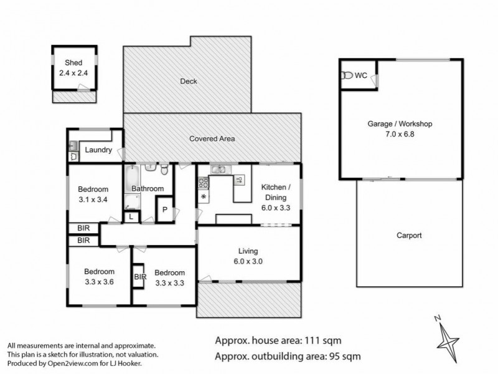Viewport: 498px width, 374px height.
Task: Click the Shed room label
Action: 74,67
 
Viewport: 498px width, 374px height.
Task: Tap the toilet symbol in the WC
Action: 347,75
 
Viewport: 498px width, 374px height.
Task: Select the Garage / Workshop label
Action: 400,129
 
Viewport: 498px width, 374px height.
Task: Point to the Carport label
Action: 409,236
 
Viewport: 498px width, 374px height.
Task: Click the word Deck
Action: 188,81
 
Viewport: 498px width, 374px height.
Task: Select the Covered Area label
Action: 212,138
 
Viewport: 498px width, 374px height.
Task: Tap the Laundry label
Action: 98,150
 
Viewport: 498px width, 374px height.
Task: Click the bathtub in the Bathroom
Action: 131,180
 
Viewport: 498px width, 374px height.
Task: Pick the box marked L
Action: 132,217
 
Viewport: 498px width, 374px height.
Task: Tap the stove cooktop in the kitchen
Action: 203,183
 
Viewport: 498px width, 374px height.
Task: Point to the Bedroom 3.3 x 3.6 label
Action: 100,277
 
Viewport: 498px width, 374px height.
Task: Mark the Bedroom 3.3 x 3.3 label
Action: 169,277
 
